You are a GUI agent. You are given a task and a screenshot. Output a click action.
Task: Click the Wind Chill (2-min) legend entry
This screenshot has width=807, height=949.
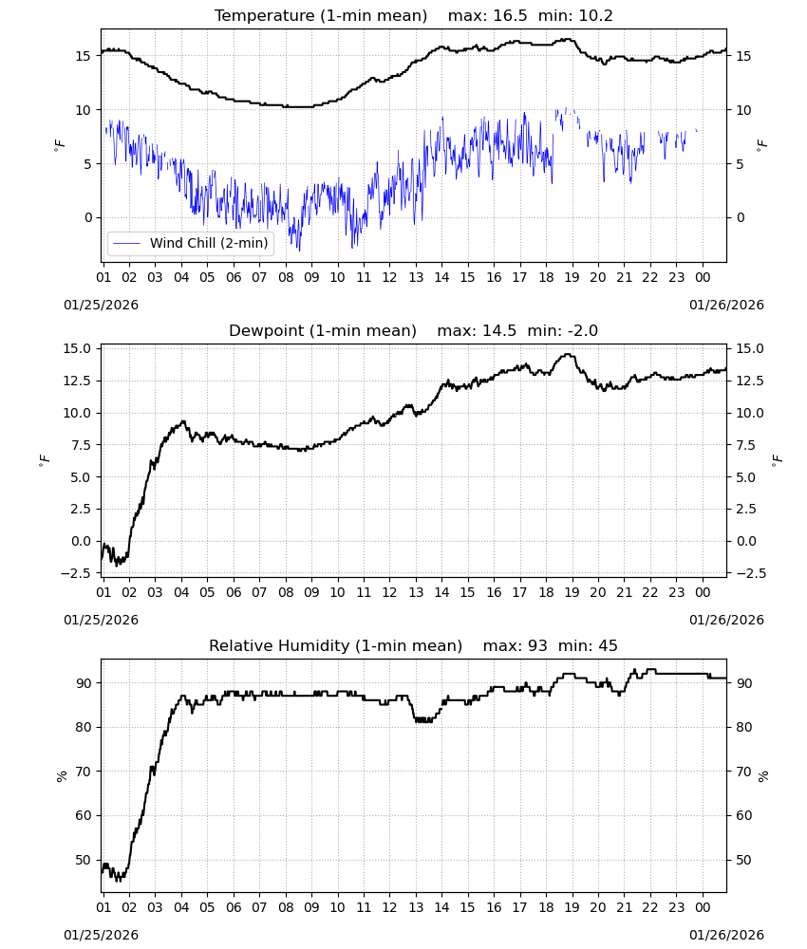coord(191,243)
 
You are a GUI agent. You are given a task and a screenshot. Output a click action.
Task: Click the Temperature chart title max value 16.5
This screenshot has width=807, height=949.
coord(511,16)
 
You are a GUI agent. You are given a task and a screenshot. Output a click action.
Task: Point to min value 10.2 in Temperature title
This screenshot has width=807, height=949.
coord(595,16)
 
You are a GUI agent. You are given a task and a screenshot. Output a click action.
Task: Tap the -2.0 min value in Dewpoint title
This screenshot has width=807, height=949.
coord(581,331)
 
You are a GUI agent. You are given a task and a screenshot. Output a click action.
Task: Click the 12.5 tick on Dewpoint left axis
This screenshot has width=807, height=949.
coord(79,381)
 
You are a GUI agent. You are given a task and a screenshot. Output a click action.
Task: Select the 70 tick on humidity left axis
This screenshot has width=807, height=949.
coord(84,772)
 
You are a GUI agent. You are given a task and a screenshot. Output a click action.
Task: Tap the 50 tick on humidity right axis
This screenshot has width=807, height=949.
coord(744,860)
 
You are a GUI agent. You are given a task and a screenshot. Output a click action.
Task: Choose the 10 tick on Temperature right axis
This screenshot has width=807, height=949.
coord(744,110)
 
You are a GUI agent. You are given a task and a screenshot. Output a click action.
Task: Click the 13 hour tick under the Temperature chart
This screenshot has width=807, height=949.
coord(416,277)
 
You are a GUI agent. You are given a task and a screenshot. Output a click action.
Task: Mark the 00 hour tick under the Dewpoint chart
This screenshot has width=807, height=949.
coord(703,592)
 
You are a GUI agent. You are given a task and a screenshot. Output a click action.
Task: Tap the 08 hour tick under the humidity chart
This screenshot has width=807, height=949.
coord(286,907)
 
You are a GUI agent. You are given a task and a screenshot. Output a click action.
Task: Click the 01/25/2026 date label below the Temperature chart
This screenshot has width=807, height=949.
coord(101,305)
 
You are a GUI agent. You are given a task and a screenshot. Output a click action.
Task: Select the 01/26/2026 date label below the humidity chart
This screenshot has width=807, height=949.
coord(726,935)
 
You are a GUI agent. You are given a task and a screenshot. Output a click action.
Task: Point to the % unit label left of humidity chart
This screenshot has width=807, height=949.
coord(61,776)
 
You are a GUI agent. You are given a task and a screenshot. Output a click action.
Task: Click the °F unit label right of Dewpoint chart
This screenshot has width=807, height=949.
coord(777,458)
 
